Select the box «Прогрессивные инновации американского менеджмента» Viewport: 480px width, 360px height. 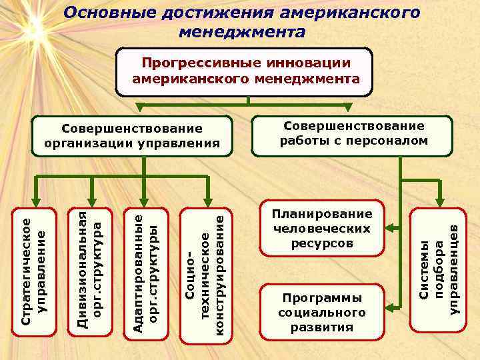point(244,71)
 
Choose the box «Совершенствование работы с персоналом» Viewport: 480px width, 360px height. point(353,133)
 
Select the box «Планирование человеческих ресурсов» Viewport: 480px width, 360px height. point(322,229)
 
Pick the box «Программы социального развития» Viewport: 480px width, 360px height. point(322,311)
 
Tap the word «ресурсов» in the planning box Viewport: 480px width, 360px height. point(322,243)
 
